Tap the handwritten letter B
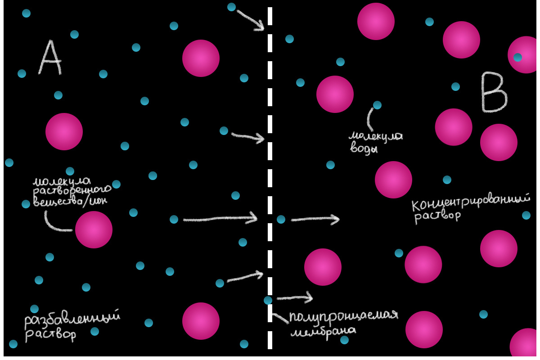[494, 92]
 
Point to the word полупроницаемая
[344, 315]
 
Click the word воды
[364, 149]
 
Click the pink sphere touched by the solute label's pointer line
[94, 229]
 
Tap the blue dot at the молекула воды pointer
[377, 105]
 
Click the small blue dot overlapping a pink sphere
[517, 57]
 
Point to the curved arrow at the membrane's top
[250, 20]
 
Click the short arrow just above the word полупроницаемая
[294, 297]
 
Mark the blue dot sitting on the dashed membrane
[268, 300]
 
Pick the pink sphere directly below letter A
[64, 131]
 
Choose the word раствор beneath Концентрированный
[437, 216]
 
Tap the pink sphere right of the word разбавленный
[201, 321]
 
